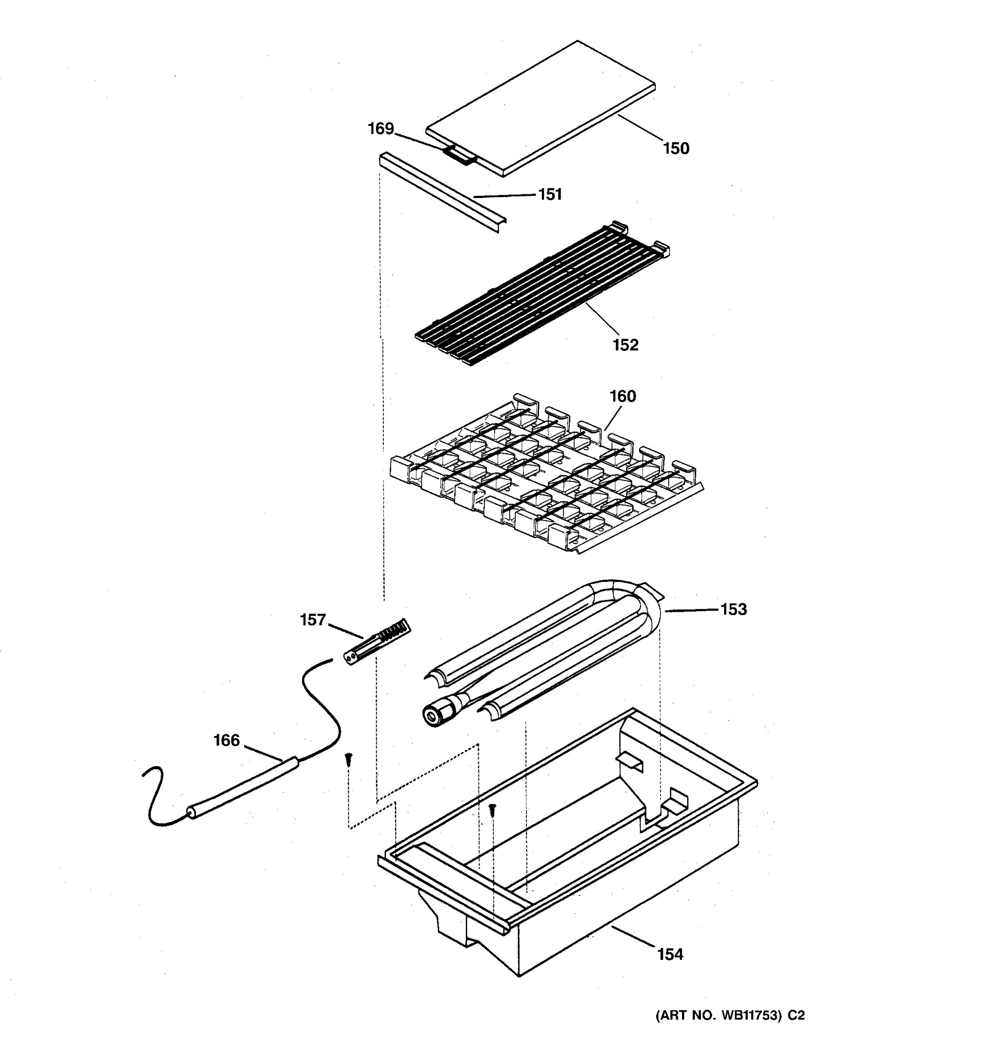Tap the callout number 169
(380, 129)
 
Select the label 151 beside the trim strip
(550, 194)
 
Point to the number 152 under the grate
(625, 345)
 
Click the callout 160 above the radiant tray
(623, 396)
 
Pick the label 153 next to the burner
(733, 609)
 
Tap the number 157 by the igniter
(313, 620)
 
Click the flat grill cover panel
(540, 107)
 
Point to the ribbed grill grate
(540, 294)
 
